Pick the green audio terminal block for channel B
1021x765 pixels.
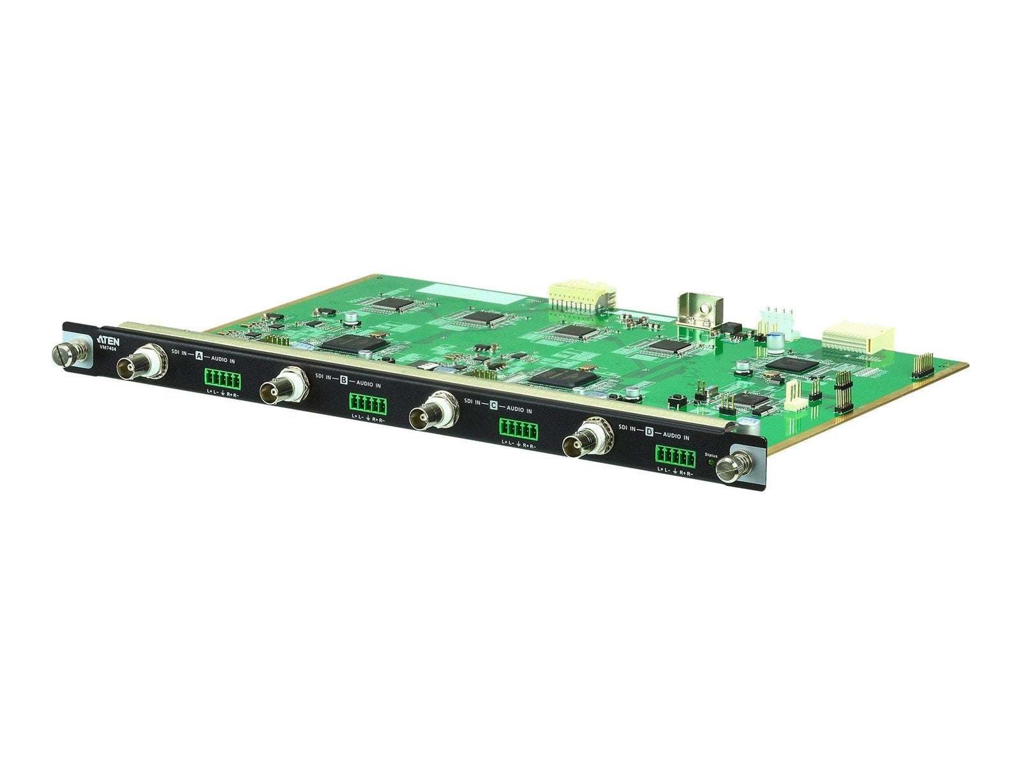tap(368, 404)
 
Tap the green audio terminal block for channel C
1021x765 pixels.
tap(518, 430)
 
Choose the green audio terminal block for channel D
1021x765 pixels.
tap(674, 456)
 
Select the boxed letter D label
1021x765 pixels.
tap(649, 432)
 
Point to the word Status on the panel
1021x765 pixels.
tap(710, 455)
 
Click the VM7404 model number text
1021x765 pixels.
tap(106, 347)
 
